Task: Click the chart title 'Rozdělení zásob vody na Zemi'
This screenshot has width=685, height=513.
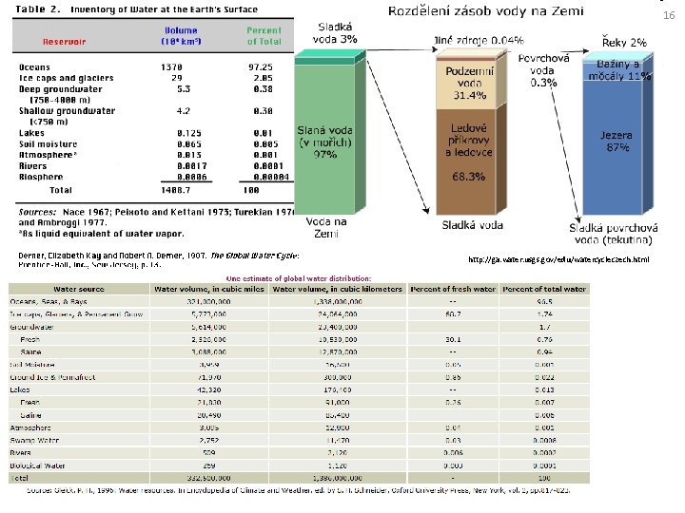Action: click(x=486, y=11)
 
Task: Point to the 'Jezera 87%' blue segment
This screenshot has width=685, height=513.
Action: click(x=616, y=142)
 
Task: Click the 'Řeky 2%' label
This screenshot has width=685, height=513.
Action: click(x=624, y=42)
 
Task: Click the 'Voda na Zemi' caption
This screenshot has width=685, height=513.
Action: click(x=326, y=227)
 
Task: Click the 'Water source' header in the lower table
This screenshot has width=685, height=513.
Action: click(x=79, y=288)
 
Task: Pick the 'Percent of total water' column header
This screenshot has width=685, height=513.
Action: click(x=545, y=288)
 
